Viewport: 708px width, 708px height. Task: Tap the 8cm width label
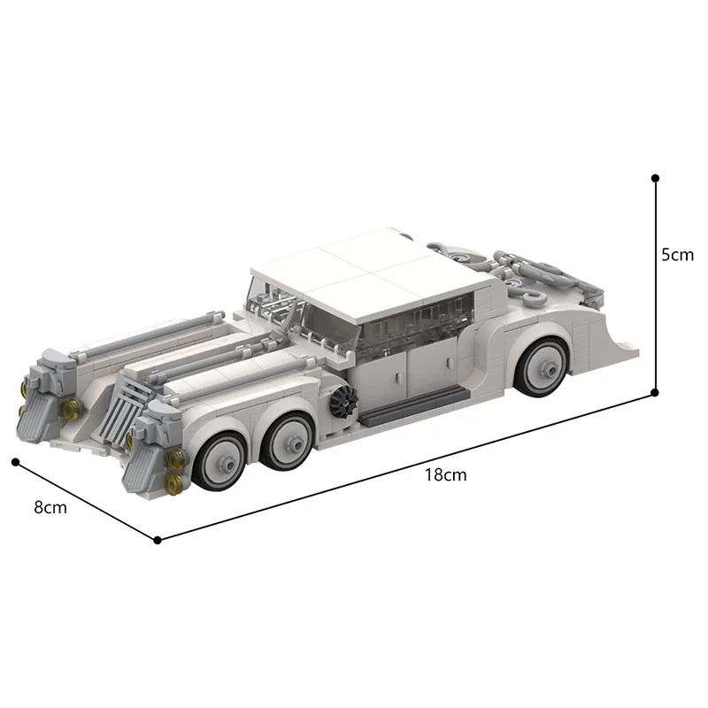point(50,508)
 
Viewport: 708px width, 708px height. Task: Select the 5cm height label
point(678,255)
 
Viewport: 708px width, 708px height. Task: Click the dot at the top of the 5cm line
point(655,178)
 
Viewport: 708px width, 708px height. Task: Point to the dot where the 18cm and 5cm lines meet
point(655,393)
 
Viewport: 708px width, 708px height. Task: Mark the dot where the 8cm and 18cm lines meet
point(158,539)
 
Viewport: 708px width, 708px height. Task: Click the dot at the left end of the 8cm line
point(15,461)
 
